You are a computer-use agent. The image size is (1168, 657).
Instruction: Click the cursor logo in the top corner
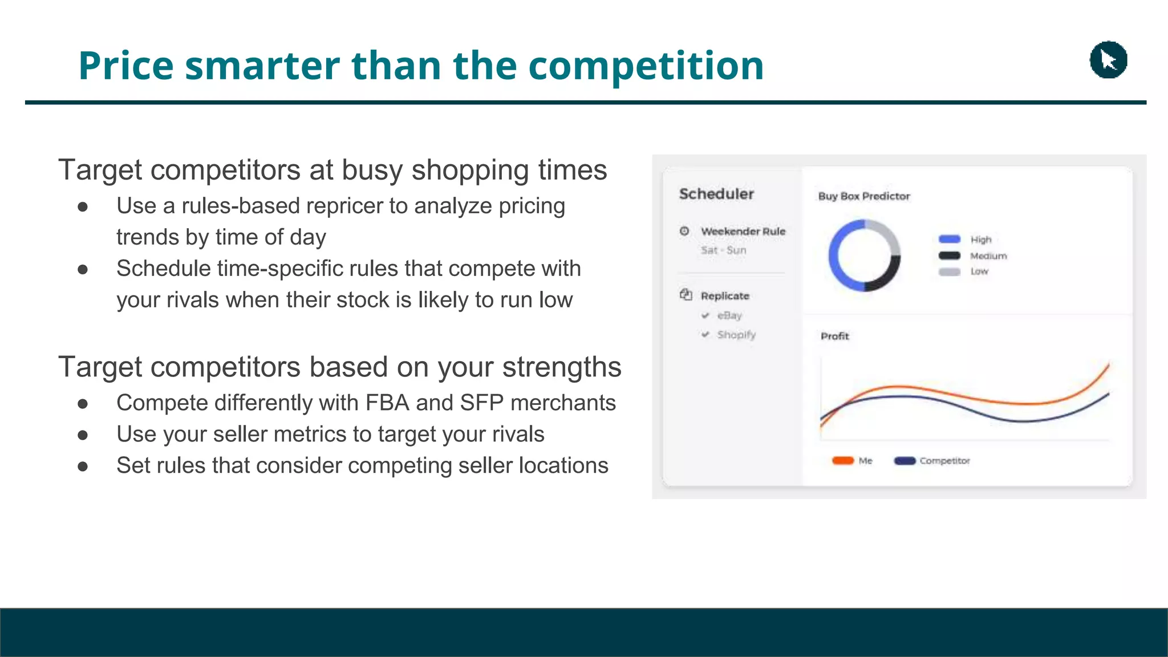[1108, 60]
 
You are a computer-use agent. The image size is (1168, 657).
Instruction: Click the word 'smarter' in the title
[263, 66]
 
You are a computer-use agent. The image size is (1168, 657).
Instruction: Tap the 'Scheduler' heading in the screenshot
[716, 194]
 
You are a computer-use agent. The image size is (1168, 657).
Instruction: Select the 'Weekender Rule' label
[743, 231]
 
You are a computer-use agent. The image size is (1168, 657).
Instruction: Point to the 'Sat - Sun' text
[723, 250]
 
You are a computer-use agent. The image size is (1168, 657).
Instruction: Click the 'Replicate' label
[725, 295]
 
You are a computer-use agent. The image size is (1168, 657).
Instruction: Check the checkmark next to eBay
[705, 315]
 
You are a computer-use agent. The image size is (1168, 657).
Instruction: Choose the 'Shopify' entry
[736, 334]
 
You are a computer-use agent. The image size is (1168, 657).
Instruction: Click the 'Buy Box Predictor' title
[863, 196]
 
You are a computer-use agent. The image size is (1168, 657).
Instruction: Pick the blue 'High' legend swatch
[950, 239]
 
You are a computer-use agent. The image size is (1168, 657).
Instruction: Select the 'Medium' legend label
[988, 255]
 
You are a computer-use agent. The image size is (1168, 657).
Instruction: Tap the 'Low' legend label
[979, 271]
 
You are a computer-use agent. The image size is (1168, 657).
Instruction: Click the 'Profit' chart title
[834, 336]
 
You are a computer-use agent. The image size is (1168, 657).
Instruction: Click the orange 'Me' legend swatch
[843, 460]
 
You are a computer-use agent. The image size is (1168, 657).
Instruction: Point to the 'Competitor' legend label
[944, 460]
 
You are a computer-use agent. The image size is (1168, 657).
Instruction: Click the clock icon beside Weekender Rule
[684, 231]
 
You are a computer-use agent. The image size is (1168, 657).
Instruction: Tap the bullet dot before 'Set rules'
[83, 467]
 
